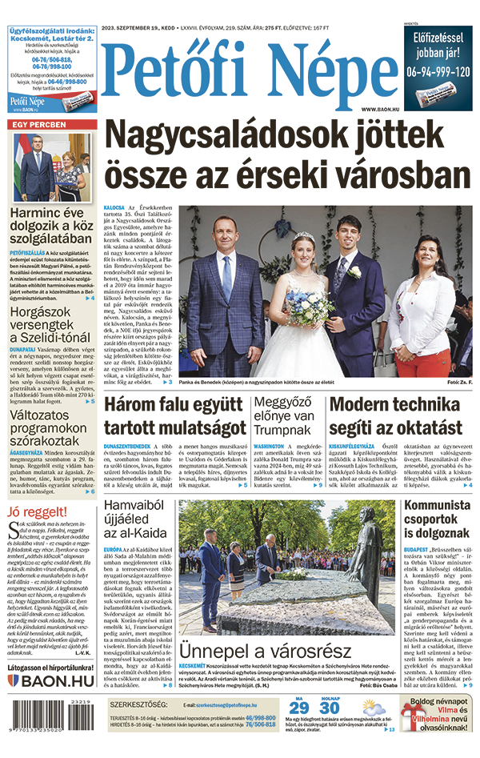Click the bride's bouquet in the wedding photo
click(302, 310)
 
